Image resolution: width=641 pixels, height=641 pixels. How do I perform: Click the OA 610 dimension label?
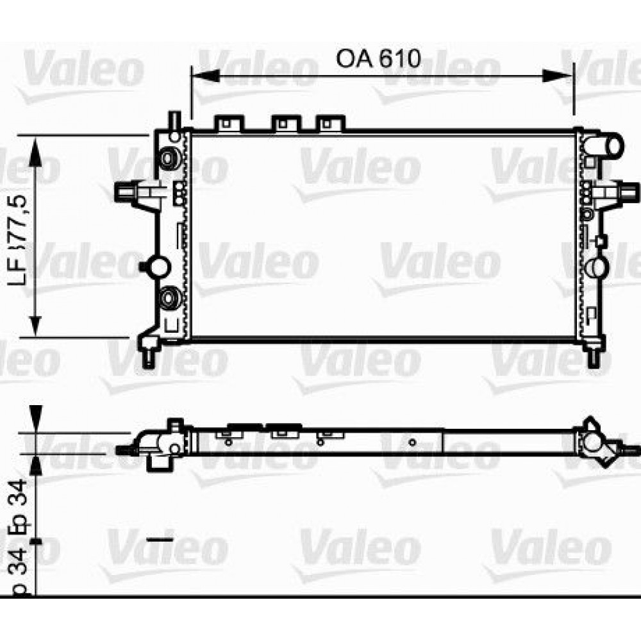point(378,58)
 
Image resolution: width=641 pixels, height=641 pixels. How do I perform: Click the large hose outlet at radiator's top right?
point(608,145)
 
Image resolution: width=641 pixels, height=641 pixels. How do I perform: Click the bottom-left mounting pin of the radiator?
point(149,356)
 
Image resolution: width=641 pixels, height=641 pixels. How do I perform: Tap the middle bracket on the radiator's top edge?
point(286,122)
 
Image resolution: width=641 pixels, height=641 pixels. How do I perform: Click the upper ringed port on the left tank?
point(170,157)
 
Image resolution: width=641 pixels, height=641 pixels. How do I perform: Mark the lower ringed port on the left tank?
point(170,297)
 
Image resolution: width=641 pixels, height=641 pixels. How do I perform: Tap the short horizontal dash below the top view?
point(160,540)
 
